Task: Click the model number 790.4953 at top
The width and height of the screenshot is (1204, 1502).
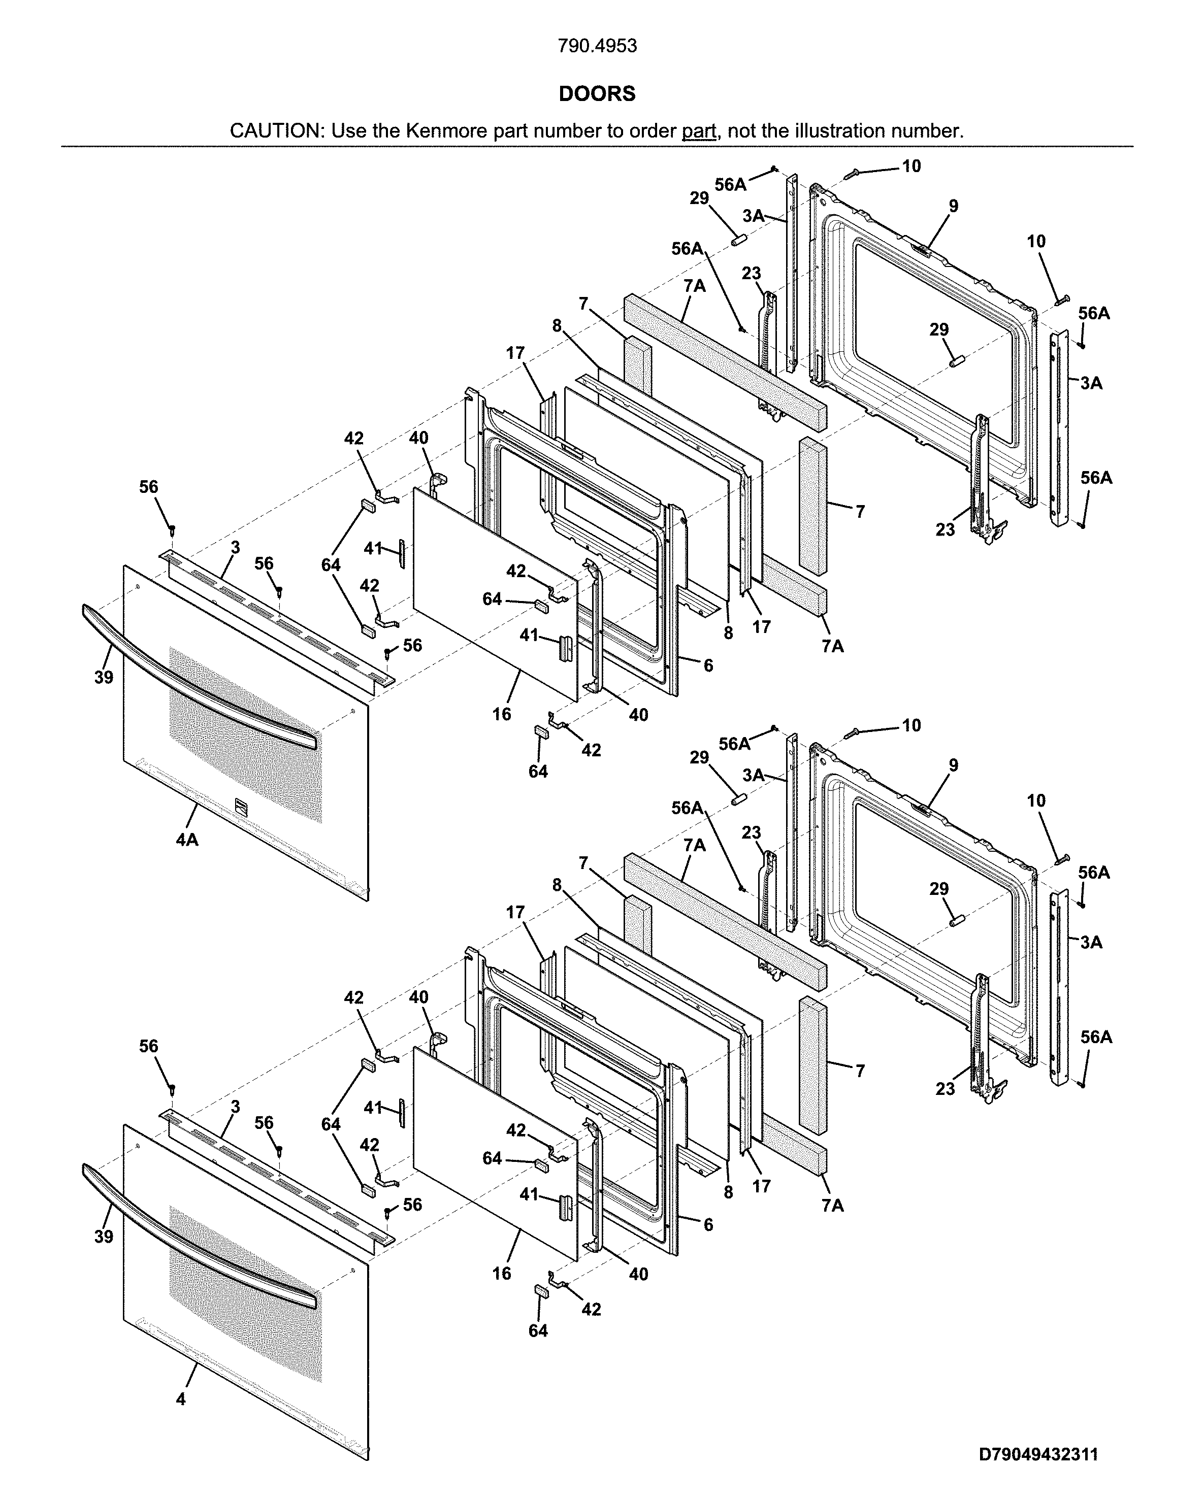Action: pos(597,46)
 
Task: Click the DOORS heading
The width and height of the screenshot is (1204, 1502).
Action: pos(597,94)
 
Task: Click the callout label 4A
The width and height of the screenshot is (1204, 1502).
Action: pos(187,840)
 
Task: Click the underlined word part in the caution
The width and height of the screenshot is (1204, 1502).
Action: pos(699,131)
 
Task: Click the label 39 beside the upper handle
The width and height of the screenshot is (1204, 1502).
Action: pos(104,677)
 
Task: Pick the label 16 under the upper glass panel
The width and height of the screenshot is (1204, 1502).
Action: pos(502,714)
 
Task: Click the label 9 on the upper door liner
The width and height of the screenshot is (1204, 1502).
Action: pos(953,206)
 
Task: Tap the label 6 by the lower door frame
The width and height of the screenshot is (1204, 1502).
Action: pos(708,1225)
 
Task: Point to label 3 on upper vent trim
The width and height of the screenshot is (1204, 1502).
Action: pos(236,548)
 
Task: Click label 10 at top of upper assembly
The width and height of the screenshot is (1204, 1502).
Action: pos(912,166)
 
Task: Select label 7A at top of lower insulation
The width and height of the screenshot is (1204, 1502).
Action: pos(694,845)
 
